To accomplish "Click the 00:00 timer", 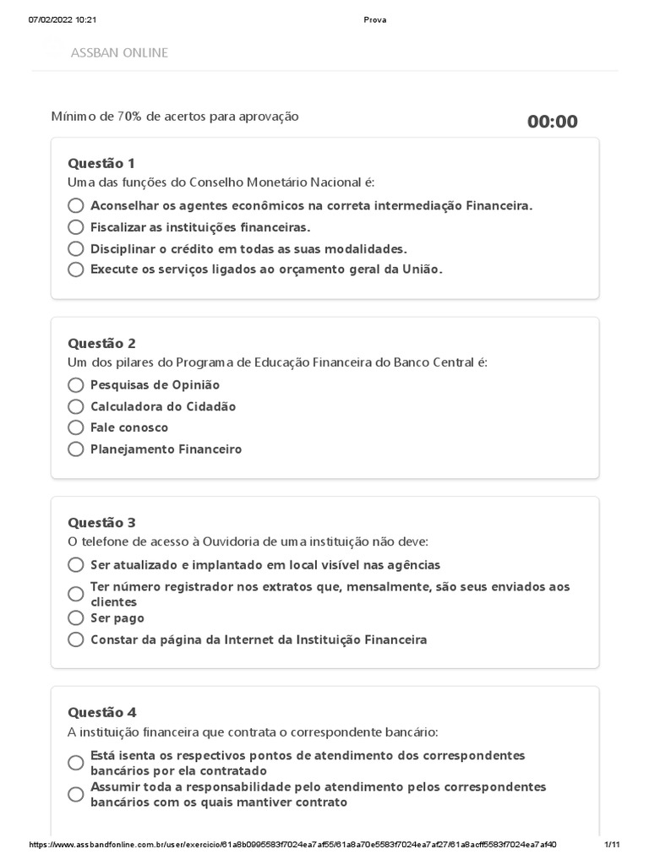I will (x=553, y=122).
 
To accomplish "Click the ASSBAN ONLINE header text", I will (x=119, y=52).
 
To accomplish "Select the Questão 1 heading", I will (x=101, y=163).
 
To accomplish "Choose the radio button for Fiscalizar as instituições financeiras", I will (x=76, y=227).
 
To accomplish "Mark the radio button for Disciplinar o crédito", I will (x=76, y=248).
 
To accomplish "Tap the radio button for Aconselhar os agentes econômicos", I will (x=76, y=205).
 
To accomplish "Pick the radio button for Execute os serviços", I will (x=76, y=269).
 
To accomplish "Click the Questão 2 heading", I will (x=101, y=343).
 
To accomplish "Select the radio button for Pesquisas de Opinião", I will (x=76, y=385).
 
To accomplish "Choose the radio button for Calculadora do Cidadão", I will (x=76, y=406).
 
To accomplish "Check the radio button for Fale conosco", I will (x=76, y=427).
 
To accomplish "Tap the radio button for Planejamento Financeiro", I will (x=76, y=449).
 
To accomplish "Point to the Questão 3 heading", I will (x=101, y=522).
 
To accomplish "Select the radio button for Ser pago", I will (x=76, y=618).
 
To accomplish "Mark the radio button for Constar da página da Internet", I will (x=76, y=639).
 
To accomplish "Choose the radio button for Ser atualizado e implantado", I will (x=76, y=565).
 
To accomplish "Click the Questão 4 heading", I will (x=101, y=712).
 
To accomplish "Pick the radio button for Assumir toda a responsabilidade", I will (x=76, y=794).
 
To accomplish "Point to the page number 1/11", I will (x=613, y=845).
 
